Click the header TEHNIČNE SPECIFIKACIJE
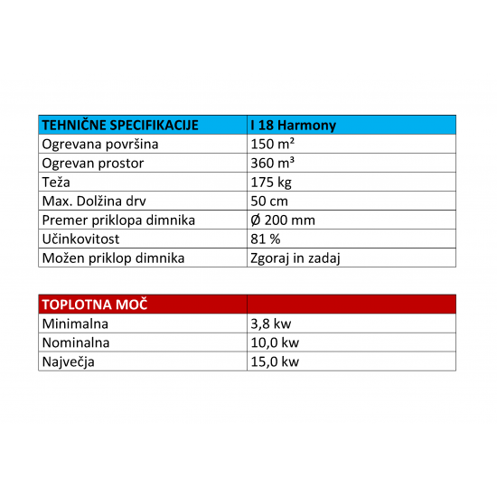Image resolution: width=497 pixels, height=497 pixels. [x=120, y=126]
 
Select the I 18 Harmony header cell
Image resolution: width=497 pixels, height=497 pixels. [x=292, y=126]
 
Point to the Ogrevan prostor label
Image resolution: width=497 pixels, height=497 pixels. [x=93, y=164]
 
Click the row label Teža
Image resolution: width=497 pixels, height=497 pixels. [x=58, y=183]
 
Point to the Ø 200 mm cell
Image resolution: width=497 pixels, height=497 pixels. [x=281, y=220]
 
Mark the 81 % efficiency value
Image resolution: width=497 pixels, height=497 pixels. [x=265, y=239]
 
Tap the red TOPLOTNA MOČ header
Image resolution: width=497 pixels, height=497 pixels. [x=95, y=305]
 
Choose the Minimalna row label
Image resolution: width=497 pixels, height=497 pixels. [x=76, y=324]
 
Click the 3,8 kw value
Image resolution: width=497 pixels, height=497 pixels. [x=270, y=324]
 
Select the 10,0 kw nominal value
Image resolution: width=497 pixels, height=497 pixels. [x=274, y=342]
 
